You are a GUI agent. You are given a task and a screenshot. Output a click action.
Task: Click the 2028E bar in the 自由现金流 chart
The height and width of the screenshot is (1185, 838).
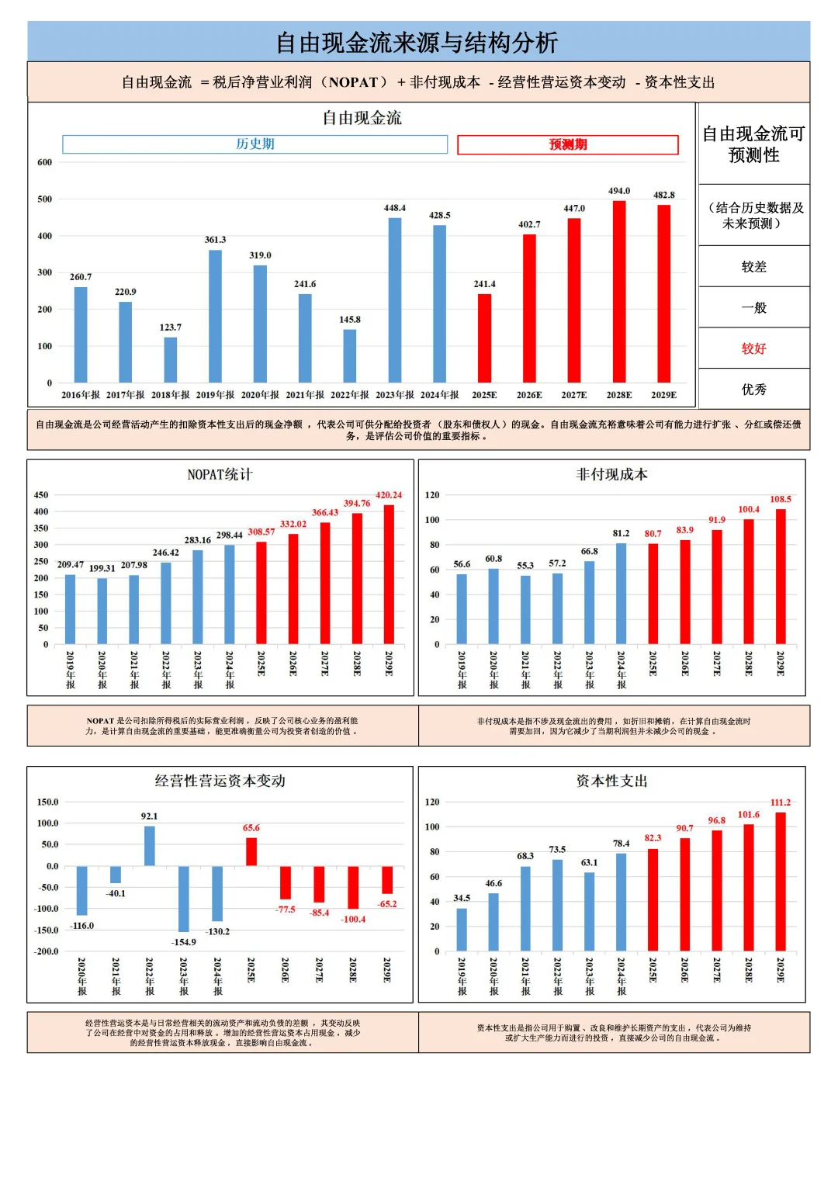point(619,291)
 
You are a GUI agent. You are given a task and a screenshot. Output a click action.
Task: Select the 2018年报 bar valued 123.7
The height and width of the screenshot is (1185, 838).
point(171,359)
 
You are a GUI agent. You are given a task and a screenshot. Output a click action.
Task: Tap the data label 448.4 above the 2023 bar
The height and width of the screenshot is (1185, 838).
point(394,208)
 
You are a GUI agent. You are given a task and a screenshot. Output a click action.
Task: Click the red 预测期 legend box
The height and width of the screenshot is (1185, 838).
point(568,144)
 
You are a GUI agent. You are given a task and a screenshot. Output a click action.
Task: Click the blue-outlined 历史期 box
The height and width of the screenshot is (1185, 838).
point(255,144)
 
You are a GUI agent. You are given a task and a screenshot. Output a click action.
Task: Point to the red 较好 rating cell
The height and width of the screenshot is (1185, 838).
point(753,348)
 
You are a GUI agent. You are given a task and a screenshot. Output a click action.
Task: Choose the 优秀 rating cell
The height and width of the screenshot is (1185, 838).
point(753,389)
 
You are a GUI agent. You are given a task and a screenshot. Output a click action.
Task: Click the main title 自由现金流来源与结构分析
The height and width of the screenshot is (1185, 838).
point(417,43)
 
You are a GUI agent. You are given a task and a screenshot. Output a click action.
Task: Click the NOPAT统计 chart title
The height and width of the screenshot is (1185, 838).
point(220,474)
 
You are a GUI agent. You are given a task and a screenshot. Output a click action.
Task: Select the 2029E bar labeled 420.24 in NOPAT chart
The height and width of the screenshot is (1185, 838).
point(389,574)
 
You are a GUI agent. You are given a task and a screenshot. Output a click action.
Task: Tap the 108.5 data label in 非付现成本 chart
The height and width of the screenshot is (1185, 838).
point(781,499)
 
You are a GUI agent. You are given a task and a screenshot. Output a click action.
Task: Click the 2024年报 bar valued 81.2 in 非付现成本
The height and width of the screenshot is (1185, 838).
point(621,594)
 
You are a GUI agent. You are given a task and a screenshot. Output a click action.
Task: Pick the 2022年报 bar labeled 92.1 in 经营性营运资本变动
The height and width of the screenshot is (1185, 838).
point(150,845)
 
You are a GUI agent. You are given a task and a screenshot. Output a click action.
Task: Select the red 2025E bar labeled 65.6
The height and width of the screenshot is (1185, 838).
point(251,851)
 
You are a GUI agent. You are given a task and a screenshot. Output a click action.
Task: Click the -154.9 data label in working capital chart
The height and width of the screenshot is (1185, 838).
point(184,942)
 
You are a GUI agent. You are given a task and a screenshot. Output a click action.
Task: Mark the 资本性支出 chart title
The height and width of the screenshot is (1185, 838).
point(611,781)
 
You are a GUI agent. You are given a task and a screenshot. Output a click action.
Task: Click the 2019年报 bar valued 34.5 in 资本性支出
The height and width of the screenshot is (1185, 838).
point(462,929)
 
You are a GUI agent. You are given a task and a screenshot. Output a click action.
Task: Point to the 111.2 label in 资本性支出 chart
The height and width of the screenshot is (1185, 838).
point(781,802)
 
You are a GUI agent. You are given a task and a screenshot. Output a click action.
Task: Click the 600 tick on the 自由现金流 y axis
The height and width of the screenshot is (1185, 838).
point(45,162)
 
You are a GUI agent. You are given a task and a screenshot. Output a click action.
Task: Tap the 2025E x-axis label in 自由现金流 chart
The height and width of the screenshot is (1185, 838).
point(484,395)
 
